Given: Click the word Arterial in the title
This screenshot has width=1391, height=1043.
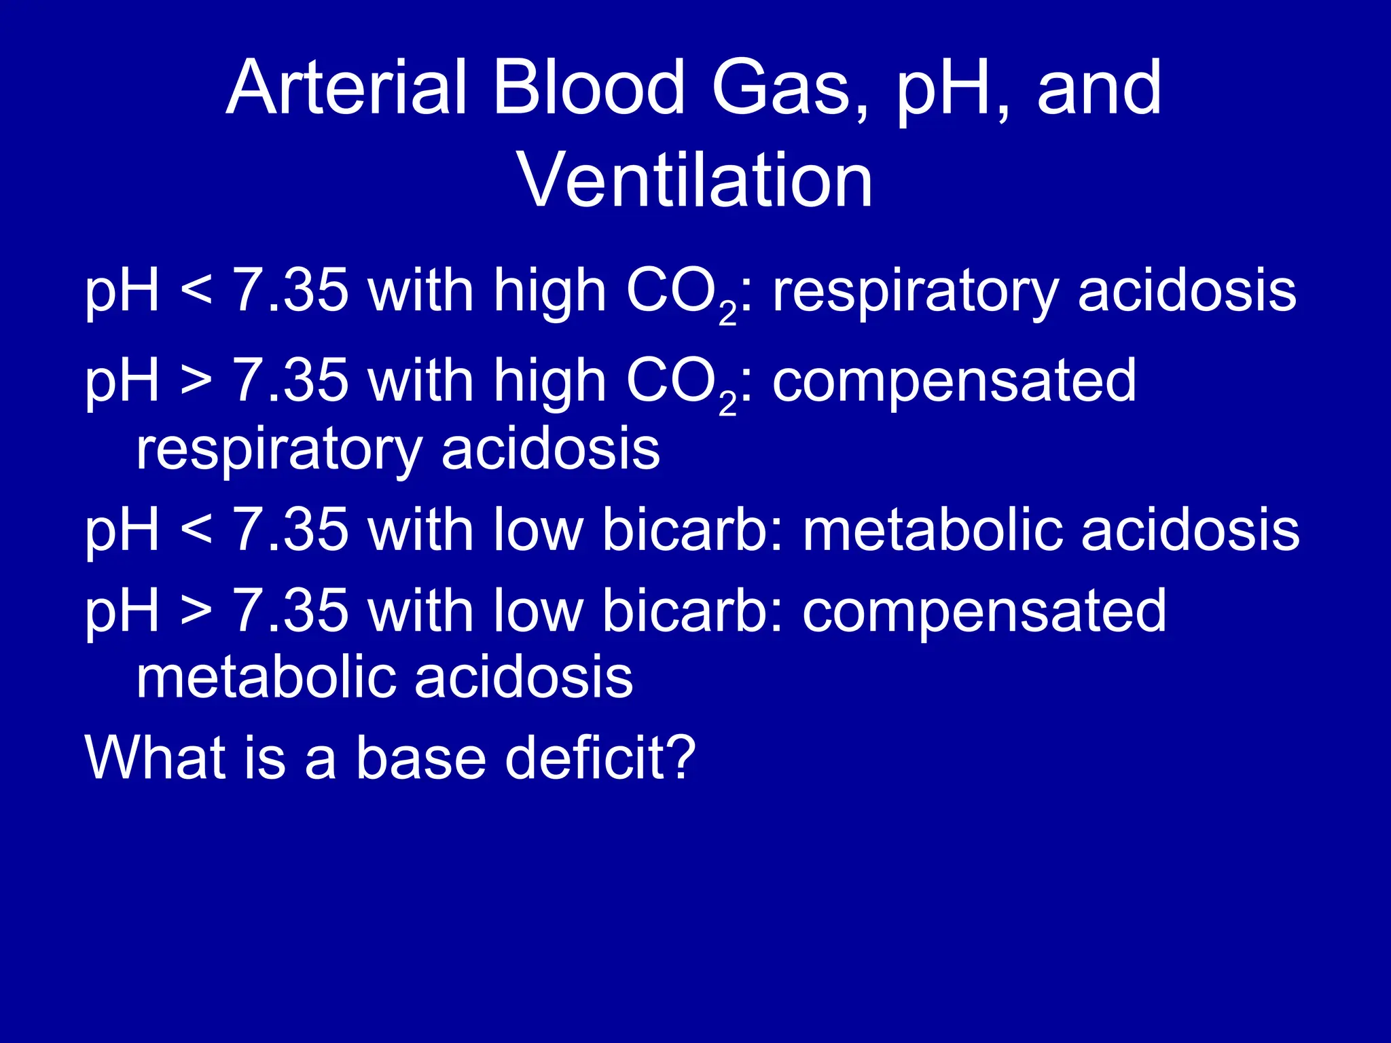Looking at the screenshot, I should click(346, 88).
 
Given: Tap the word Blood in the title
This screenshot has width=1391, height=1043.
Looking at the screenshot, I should click(588, 88).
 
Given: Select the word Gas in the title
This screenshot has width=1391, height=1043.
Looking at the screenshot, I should click(781, 88).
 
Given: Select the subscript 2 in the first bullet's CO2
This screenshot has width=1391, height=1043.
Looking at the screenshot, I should click(727, 314).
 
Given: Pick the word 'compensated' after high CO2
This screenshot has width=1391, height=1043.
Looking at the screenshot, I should click(954, 382).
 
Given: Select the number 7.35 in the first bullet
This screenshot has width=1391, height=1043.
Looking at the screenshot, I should click(290, 291).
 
